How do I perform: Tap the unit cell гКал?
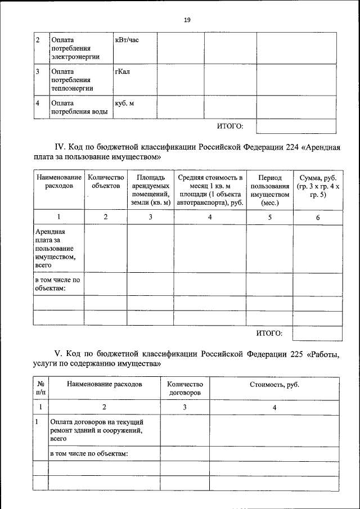point(122,72)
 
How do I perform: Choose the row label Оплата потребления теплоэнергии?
point(72,80)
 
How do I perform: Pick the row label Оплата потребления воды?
point(79,107)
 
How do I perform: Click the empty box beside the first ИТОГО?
point(296,126)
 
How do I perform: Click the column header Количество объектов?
point(106,181)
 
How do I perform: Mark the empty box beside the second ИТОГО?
point(317,334)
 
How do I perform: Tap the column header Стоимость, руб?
point(274,384)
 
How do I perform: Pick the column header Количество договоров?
point(184,388)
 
